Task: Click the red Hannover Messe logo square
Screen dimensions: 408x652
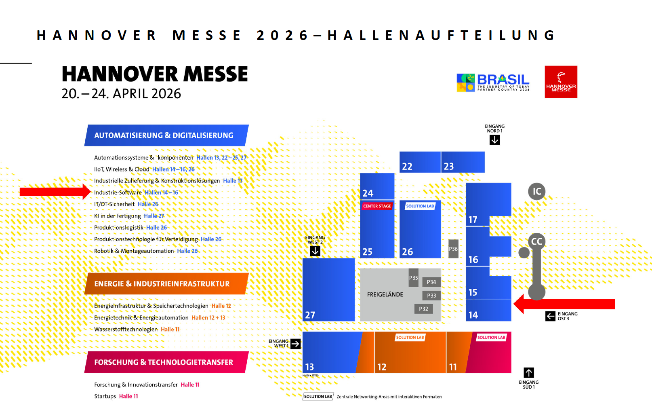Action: (x=561, y=82)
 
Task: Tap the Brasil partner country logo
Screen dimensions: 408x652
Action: (x=493, y=82)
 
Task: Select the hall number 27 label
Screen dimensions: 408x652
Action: (x=310, y=315)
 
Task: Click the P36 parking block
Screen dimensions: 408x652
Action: (x=453, y=249)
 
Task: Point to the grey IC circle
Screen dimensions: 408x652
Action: (x=536, y=191)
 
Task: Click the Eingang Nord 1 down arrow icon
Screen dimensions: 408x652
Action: (x=494, y=140)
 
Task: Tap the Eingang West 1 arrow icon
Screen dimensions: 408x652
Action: (x=296, y=344)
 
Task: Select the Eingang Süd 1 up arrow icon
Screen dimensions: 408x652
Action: (x=528, y=372)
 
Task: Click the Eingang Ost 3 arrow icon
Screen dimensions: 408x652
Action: (x=550, y=316)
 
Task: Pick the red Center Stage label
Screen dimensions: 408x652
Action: (x=377, y=206)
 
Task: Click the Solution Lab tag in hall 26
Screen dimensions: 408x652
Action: (x=420, y=206)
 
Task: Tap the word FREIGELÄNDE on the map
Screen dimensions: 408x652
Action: (x=385, y=294)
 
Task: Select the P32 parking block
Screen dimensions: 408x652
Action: (x=423, y=309)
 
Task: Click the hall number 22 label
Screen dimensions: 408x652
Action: (x=407, y=166)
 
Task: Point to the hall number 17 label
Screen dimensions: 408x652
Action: (x=473, y=220)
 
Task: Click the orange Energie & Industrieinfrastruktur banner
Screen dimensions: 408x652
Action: (x=166, y=284)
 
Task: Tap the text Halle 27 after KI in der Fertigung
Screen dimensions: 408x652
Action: (x=154, y=216)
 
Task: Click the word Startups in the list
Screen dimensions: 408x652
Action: (x=105, y=396)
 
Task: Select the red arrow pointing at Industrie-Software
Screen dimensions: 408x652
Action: (x=55, y=192)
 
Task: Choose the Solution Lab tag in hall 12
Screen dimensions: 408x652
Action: (x=410, y=338)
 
